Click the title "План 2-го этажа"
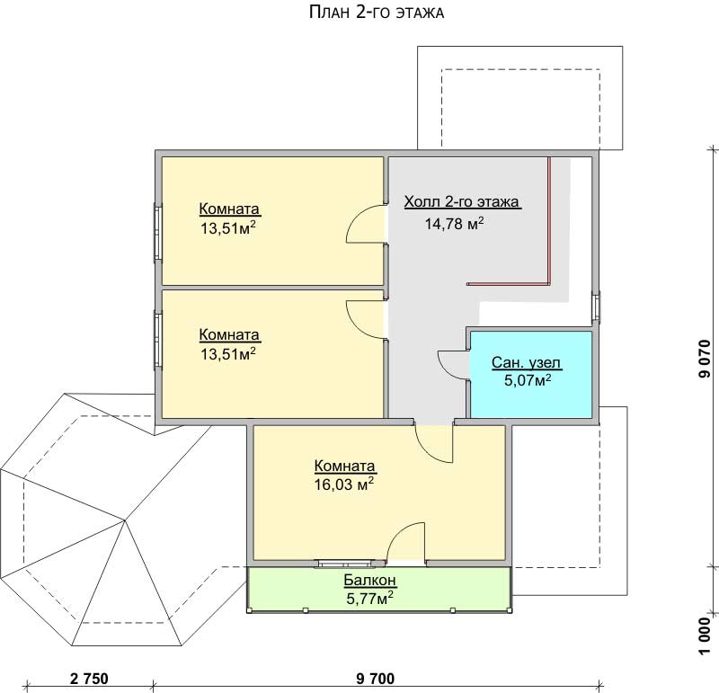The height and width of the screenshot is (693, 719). point(377,13)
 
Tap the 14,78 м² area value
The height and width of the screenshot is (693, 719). point(454,223)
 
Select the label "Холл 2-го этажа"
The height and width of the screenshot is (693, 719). point(462,202)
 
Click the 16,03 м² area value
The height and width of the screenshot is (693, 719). point(344,484)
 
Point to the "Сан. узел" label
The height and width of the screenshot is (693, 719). point(526,363)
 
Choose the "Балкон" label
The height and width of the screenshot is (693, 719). point(370,580)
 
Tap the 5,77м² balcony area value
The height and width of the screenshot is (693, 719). point(369,598)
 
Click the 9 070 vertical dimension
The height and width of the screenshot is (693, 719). point(705,359)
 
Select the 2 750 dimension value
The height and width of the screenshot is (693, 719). point(89,678)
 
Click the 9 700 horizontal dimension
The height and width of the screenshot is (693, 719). point(375,678)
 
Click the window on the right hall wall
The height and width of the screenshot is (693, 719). point(595,307)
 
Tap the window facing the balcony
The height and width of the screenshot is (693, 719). point(345,564)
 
